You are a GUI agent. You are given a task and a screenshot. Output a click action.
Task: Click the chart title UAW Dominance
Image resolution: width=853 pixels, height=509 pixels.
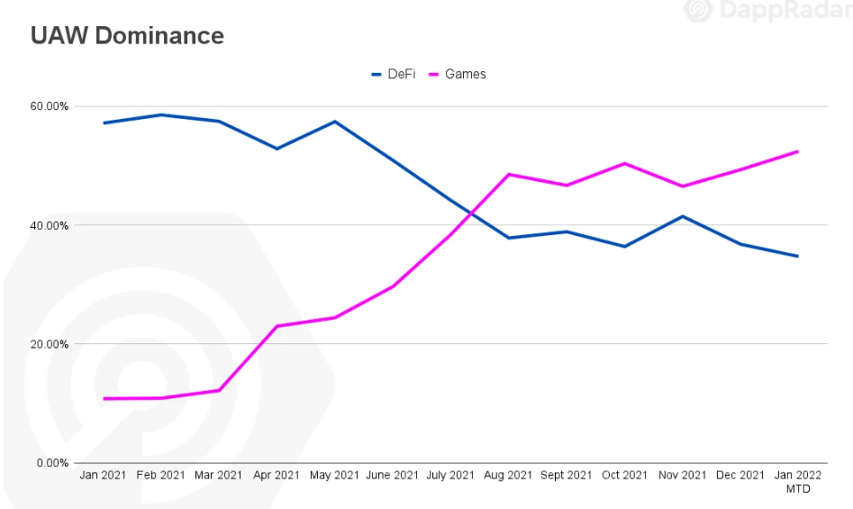[x=127, y=36]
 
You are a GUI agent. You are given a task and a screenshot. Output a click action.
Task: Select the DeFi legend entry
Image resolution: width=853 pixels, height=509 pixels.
[x=395, y=74]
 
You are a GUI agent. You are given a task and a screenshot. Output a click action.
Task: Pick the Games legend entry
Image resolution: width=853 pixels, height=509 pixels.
[x=458, y=74]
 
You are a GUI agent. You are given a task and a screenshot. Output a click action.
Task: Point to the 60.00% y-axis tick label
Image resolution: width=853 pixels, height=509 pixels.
[x=50, y=106]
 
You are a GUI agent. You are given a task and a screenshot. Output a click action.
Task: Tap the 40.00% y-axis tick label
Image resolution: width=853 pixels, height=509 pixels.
[x=50, y=225]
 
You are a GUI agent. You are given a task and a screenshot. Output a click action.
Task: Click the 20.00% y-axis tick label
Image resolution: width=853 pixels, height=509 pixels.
[x=50, y=344]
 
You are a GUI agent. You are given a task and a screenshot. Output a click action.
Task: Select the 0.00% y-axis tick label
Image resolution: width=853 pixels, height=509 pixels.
[x=52, y=463]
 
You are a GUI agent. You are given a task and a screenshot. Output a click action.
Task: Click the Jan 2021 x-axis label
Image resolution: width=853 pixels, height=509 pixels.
[x=104, y=475]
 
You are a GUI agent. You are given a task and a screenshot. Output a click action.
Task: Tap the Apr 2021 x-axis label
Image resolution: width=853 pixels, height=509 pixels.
[x=277, y=475]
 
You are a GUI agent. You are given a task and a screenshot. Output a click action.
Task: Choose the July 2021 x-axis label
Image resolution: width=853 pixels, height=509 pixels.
[x=450, y=475]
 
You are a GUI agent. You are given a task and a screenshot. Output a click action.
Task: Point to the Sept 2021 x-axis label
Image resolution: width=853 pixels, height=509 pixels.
[x=567, y=475]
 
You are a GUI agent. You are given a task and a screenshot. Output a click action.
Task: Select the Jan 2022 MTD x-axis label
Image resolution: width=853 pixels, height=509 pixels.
[x=797, y=481]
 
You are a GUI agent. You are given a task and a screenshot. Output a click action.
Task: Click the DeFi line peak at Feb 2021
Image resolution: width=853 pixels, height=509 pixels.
[x=161, y=114]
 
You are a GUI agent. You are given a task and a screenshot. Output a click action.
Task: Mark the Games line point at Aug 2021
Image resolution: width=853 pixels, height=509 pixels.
[x=509, y=174]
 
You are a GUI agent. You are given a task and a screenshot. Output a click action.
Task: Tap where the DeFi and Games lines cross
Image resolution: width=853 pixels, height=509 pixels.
[x=470, y=213]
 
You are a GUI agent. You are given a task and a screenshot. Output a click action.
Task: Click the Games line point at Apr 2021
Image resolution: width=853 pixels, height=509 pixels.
[x=277, y=326]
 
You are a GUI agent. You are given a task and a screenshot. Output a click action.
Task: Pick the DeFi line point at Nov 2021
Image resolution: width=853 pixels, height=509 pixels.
[x=682, y=216]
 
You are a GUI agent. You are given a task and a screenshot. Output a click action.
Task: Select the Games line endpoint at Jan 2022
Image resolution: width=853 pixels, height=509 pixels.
[x=797, y=151]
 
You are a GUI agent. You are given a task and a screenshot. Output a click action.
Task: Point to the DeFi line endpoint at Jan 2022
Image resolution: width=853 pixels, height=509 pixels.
[x=797, y=256]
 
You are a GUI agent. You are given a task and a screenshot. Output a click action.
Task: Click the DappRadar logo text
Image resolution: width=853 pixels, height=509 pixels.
[x=784, y=11]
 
